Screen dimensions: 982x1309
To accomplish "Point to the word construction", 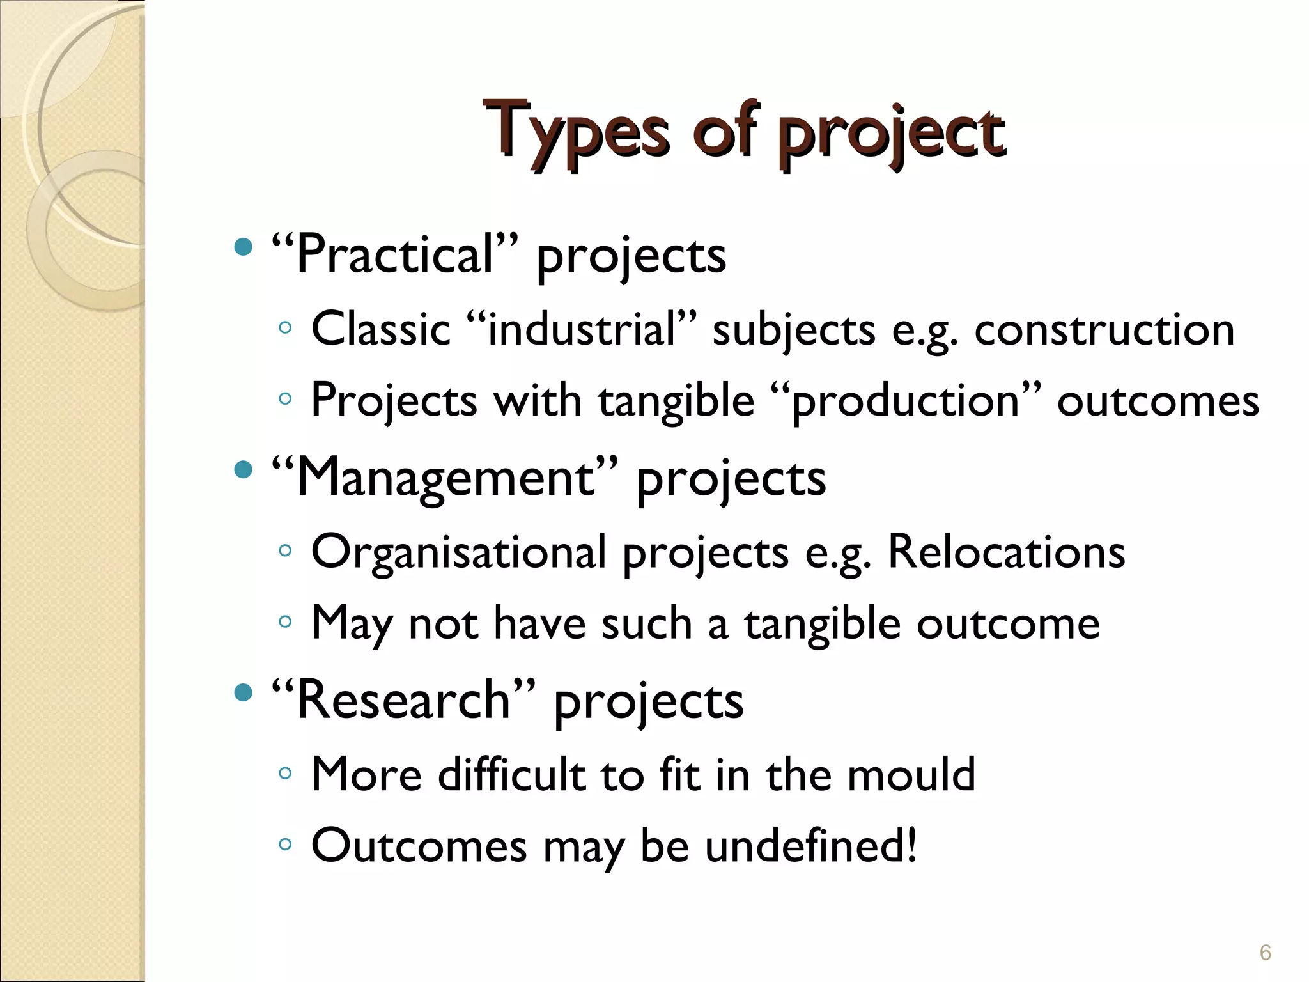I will (1104, 330).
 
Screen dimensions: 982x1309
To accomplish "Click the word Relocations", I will (1006, 552).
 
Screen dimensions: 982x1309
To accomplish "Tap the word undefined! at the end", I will (811, 845).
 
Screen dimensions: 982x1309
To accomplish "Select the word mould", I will (911, 774).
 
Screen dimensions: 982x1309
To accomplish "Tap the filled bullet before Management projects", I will (243, 470).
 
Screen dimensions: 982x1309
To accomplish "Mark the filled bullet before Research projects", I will (243, 692).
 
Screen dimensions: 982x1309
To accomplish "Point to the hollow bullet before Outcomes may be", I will (285, 845).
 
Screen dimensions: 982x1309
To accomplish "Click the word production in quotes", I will (905, 401).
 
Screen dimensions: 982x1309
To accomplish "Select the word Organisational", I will (458, 553).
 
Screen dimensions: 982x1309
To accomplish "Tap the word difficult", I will (511, 774).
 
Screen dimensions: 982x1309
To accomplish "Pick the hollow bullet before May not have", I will (285, 621).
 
